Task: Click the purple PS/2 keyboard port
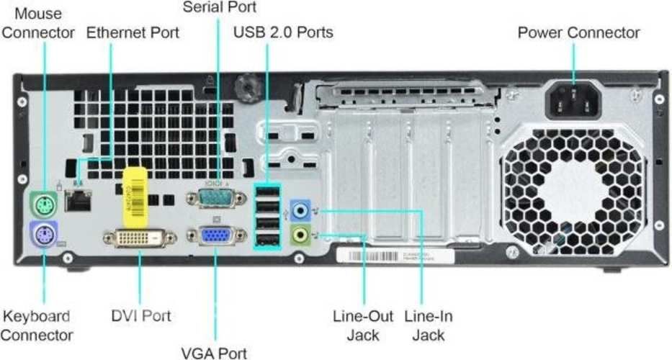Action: click(x=44, y=235)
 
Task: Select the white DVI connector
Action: click(x=140, y=239)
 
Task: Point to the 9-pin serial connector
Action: click(x=216, y=197)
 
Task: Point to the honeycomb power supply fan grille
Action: click(x=575, y=192)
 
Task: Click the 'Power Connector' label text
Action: click(x=578, y=32)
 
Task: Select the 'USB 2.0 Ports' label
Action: click(x=283, y=32)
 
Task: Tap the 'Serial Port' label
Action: click(x=219, y=8)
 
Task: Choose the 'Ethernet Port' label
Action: click(x=133, y=32)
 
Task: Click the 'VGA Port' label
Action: click(x=214, y=352)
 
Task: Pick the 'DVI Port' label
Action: click(x=140, y=315)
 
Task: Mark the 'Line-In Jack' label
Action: click(x=429, y=325)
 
